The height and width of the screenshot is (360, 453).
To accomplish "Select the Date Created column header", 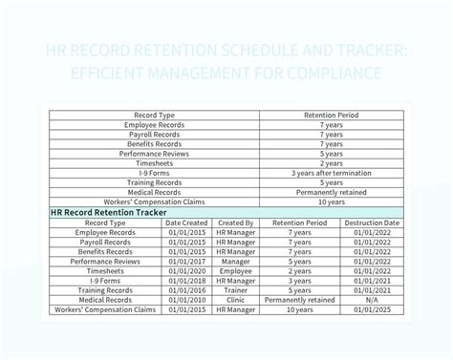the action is [186, 222].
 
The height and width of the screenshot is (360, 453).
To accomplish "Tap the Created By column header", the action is [235, 222].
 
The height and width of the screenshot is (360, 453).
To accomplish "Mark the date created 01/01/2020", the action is [186, 271].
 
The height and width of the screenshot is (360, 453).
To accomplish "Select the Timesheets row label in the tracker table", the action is [106, 271].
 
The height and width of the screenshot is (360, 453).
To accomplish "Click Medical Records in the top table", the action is [153, 191].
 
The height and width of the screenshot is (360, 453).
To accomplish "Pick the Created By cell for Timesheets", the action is [235, 271].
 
